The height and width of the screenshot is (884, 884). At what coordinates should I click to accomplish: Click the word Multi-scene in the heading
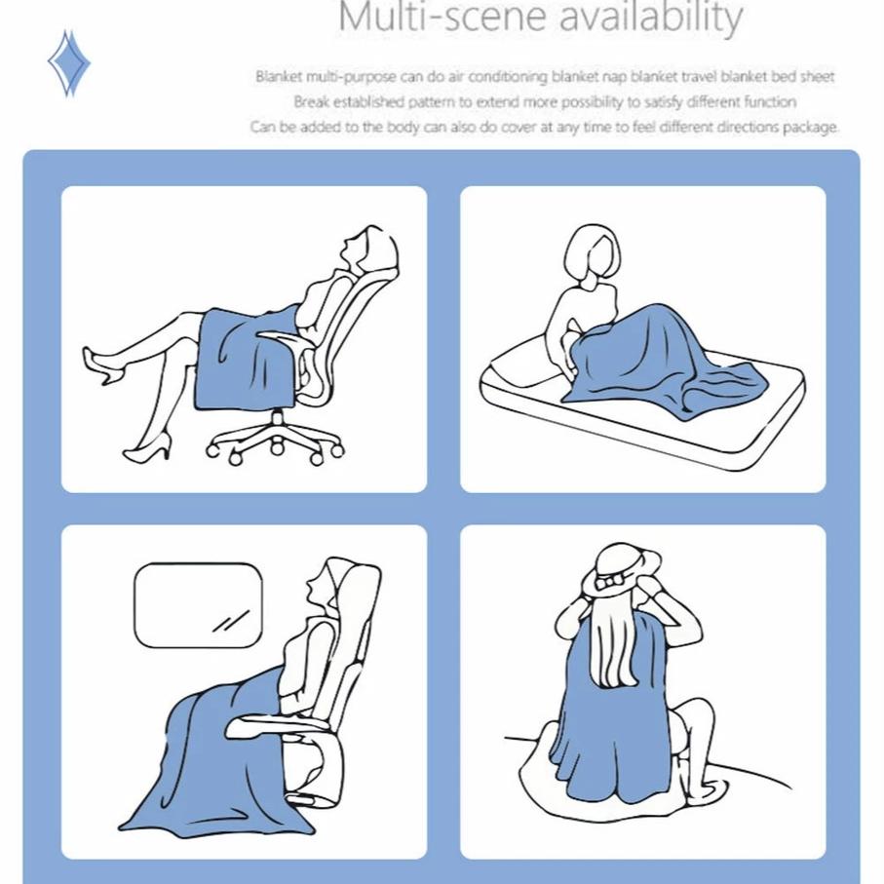442,17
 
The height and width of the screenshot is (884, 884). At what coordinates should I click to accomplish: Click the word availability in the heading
651,19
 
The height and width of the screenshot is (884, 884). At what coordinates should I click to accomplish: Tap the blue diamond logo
69,63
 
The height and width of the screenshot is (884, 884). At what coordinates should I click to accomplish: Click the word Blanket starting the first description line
279,76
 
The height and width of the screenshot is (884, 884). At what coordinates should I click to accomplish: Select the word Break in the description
310,102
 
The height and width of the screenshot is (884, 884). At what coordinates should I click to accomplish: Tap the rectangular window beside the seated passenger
199,605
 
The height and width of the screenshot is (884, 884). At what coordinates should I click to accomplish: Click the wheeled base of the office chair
275,440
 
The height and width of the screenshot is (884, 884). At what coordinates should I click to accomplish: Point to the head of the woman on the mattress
593,254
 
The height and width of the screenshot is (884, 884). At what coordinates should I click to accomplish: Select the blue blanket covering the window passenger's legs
220,767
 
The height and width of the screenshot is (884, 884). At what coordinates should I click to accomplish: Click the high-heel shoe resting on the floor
148,447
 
